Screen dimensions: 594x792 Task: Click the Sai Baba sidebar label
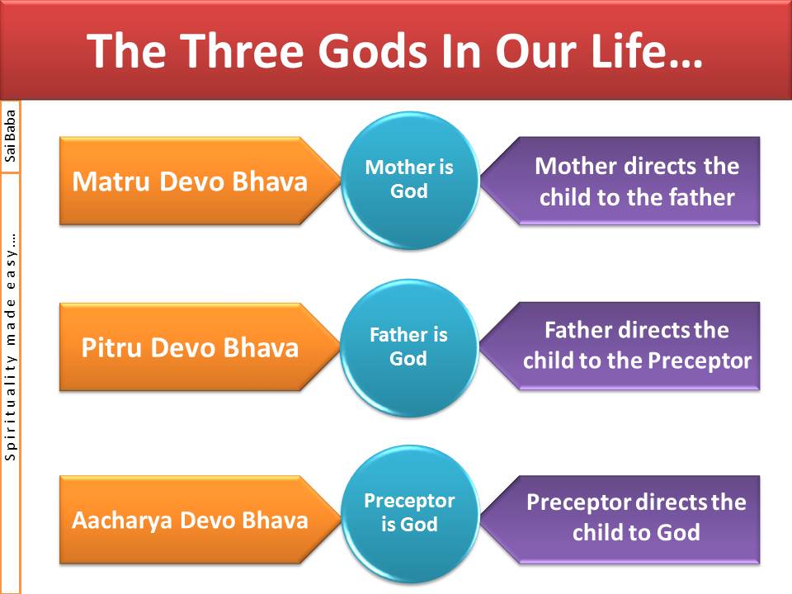point(10,135)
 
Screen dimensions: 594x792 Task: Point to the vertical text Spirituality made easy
point(10,346)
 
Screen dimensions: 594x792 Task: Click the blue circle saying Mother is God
point(410,180)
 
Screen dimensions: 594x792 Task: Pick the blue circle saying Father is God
point(410,347)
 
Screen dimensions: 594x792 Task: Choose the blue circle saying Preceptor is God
point(410,513)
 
